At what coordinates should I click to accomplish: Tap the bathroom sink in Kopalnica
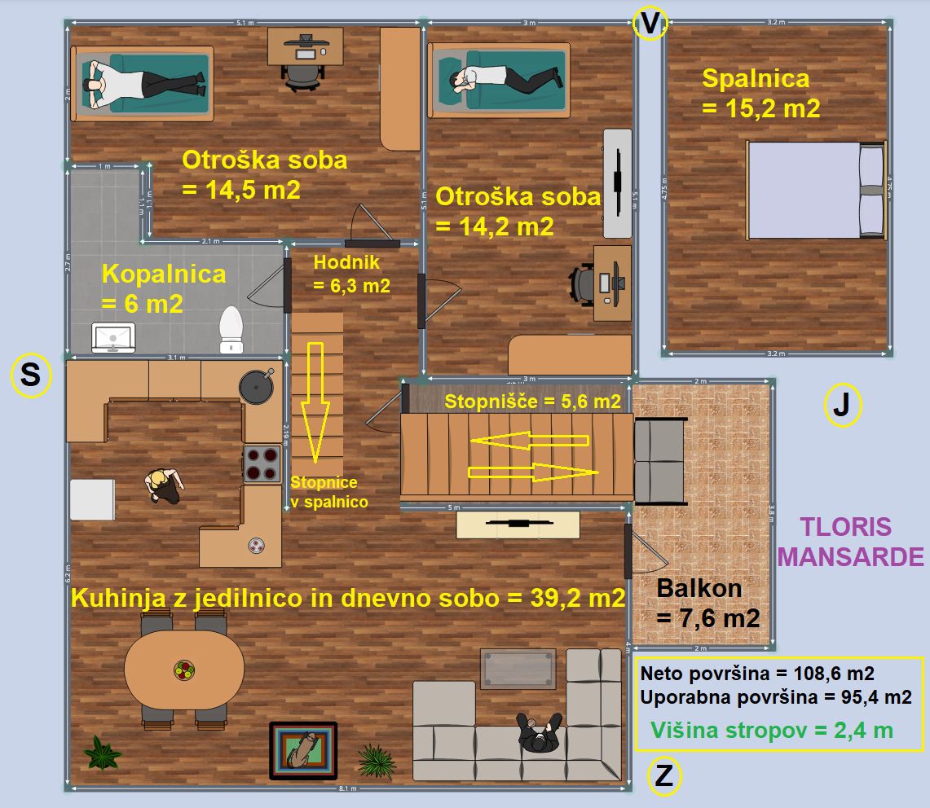[x=114, y=337]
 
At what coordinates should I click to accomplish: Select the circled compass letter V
[x=650, y=24]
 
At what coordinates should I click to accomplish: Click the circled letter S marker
[x=29, y=375]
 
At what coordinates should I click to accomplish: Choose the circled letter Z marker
[x=664, y=776]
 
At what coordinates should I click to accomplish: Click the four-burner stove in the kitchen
[x=262, y=464]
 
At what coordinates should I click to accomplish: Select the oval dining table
[x=184, y=670]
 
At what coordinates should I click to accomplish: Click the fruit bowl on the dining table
[x=184, y=670]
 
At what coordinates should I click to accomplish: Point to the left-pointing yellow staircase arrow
[x=529, y=441]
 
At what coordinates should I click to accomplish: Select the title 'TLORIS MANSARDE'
[x=851, y=542]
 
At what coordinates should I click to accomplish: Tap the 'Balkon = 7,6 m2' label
[x=707, y=603]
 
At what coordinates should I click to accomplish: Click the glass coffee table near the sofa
[x=518, y=670]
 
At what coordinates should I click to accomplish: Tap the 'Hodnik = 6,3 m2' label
[x=351, y=274]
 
